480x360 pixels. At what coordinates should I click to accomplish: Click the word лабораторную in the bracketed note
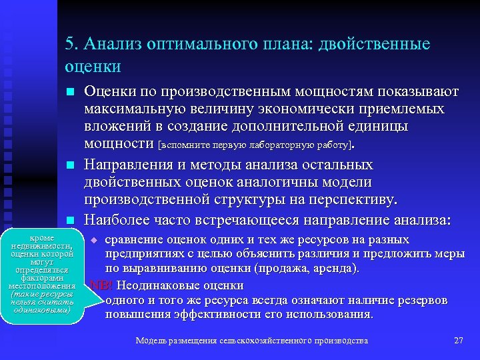281,144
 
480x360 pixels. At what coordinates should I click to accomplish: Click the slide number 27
458,341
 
